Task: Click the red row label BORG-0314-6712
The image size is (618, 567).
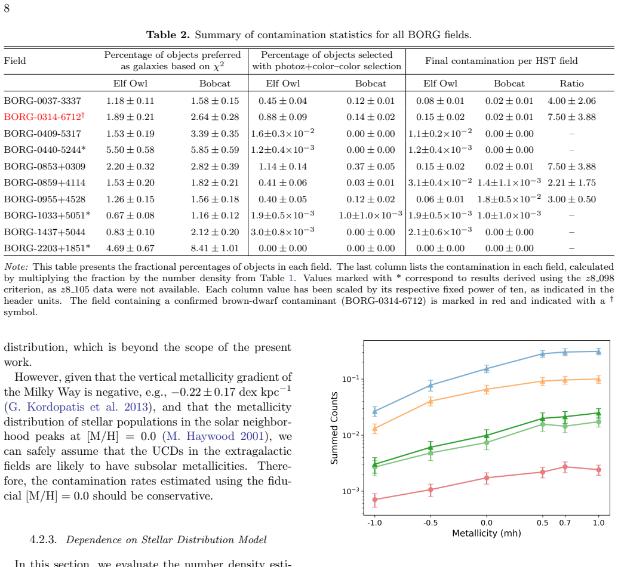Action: click(44, 117)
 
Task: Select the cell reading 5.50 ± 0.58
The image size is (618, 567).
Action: click(130, 150)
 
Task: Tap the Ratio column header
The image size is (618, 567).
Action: click(571, 84)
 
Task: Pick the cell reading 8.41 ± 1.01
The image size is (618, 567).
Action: click(215, 248)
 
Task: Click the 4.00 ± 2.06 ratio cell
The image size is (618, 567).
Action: click(571, 101)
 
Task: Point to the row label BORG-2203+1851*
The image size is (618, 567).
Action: click(47, 248)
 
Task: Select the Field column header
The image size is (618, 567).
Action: click(15, 61)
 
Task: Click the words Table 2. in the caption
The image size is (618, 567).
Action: click(168, 35)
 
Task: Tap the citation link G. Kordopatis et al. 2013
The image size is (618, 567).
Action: click(78, 407)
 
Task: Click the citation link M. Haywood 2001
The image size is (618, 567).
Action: click(215, 436)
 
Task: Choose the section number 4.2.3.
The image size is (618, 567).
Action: click(44, 540)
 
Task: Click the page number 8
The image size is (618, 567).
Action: click(7, 8)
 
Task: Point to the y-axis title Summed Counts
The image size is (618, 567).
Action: click(334, 428)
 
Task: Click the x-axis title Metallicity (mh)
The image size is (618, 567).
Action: click(487, 534)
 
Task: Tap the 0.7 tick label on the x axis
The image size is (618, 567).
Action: click(565, 523)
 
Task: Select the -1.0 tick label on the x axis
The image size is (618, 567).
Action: click(374, 523)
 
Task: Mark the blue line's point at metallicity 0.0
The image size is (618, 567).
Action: click(487, 369)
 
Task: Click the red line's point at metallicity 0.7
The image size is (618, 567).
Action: click(565, 467)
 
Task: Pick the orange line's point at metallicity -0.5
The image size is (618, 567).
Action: click(431, 401)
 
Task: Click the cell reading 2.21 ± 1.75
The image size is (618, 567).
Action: click(571, 183)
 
